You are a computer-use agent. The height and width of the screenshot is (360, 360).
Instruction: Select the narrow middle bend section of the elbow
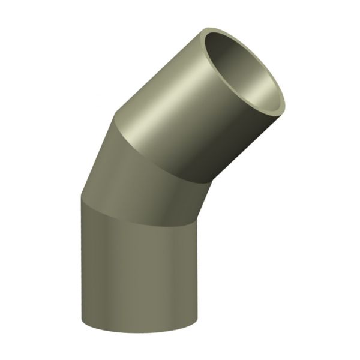138,174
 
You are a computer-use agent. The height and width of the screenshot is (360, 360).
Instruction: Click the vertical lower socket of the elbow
138,270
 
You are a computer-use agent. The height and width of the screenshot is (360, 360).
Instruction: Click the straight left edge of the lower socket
80,270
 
